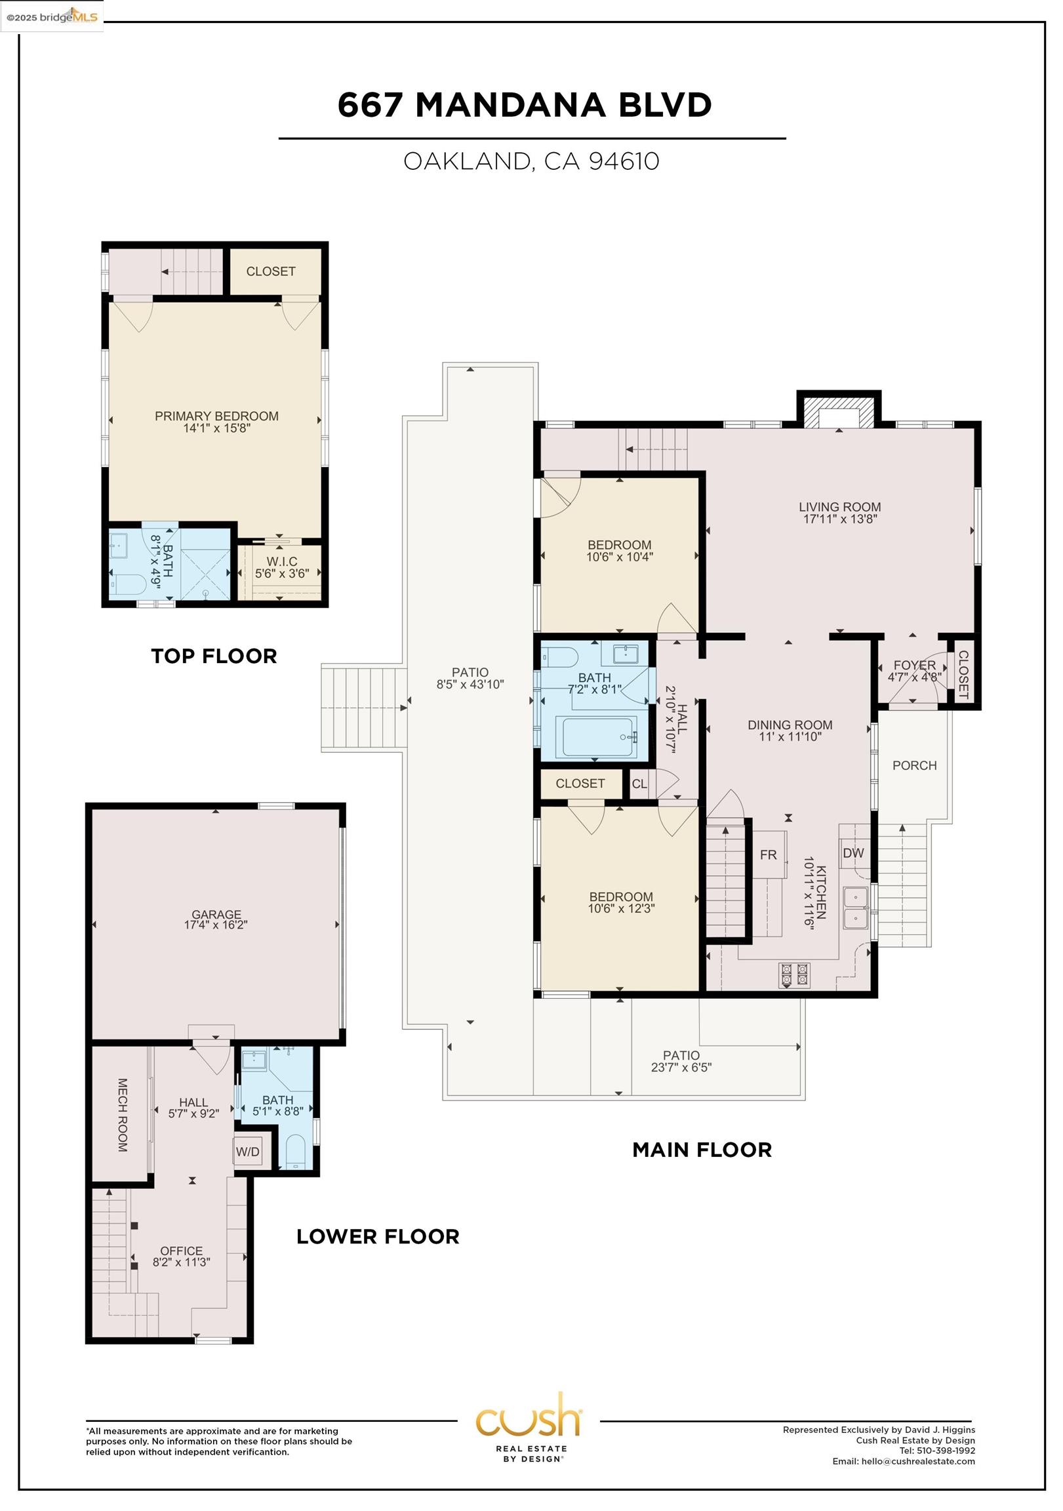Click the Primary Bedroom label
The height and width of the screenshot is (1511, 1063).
216,416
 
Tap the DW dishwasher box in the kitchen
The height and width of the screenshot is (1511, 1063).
853,853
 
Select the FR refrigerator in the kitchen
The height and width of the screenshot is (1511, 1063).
768,855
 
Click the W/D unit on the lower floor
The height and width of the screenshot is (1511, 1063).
247,1152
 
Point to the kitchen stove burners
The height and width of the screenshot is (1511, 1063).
793,975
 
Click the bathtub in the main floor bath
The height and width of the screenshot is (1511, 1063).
597,737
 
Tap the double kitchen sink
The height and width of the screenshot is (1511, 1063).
856,908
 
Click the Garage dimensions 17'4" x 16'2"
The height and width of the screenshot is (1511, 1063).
216,925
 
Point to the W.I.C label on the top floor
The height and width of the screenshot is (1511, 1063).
282,561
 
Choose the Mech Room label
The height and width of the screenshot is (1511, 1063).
123,1115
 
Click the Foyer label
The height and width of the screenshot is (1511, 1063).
914,666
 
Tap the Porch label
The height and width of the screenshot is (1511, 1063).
914,765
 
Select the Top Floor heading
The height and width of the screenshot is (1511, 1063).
214,656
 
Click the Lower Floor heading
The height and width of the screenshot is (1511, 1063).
378,1237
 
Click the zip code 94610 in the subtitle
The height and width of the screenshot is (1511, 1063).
624,161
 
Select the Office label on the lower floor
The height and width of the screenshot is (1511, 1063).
181,1251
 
